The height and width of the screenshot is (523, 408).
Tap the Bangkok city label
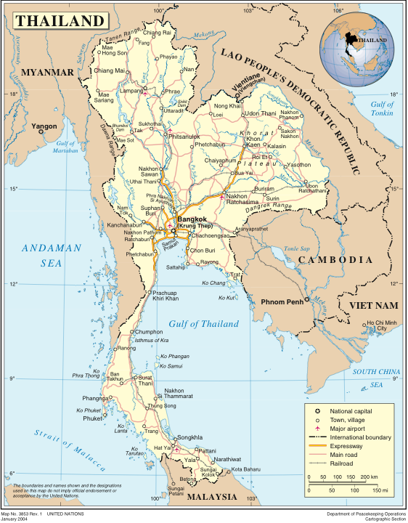192,219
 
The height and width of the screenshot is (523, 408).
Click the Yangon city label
44,126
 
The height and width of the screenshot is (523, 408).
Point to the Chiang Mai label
110,70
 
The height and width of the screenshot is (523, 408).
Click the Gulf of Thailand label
203,324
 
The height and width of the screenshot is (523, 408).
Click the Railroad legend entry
344,463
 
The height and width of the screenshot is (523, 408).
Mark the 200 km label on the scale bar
369,477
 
